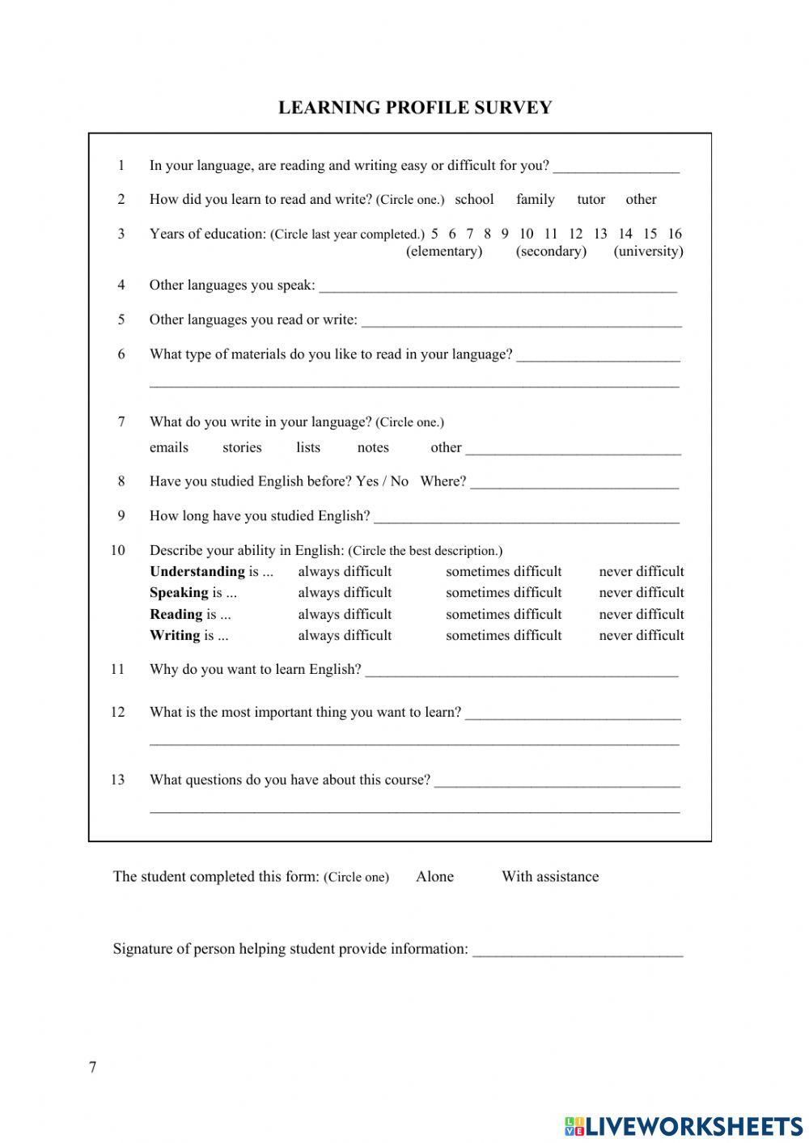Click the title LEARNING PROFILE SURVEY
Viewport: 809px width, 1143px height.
pos(415,108)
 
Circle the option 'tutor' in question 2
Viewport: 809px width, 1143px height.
pos(591,199)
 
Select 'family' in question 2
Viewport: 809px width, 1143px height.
pos(535,199)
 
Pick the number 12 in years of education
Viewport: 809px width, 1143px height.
pos(575,234)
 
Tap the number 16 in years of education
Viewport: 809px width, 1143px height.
pos(675,234)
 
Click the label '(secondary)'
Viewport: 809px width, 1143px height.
pos(551,252)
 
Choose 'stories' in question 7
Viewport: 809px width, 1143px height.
pos(242,447)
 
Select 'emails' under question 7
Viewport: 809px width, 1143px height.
pos(168,447)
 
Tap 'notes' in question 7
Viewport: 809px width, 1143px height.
pos(373,447)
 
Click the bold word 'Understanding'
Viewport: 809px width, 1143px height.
pos(197,571)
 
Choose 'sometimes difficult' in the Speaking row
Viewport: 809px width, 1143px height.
pos(503,592)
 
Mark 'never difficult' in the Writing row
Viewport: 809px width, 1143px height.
pos(641,635)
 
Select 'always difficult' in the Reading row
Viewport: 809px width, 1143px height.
pos(345,614)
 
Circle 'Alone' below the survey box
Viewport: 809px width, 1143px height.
pos(434,876)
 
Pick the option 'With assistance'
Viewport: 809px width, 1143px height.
pos(550,876)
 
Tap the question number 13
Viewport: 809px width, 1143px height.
pos(118,780)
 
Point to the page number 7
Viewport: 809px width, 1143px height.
pos(92,1067)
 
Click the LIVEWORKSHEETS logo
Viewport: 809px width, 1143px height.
pos(684,1125)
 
